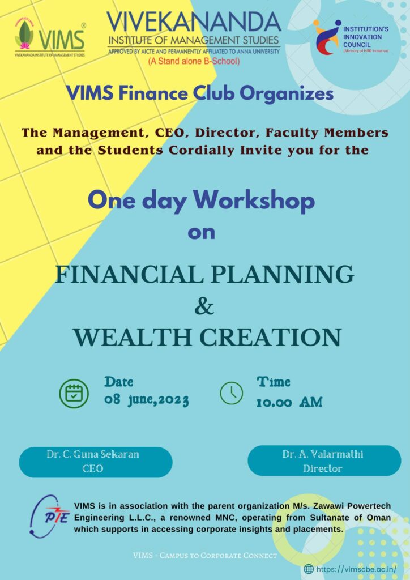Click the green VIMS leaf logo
coord(24,35)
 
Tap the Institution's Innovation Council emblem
coord(327,37)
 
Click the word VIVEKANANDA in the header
coord(194,22)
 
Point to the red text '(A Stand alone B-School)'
coord(194,61)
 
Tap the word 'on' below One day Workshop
coord(201,233)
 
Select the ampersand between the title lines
coord(204,306)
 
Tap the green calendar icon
coord(74,394)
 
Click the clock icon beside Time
coord(232,393)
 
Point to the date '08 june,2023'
coord(147,400)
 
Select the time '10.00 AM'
coord(289,402)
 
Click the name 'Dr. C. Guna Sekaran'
coord(93,454)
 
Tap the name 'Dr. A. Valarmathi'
coord(323,454)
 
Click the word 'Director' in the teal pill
coord(323,468)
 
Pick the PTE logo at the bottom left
coord(49,516)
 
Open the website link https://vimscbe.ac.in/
coord(356,569)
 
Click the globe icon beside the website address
coord(309,569)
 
